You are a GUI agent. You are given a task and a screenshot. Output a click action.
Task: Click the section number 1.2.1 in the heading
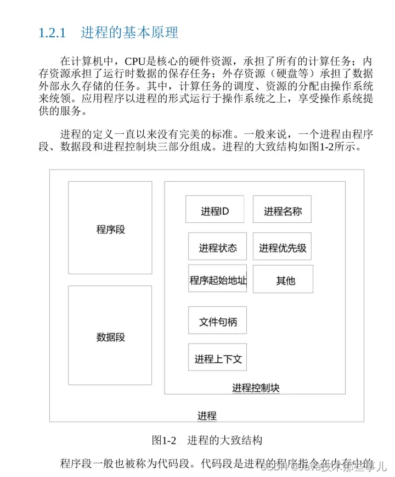click(x=52, y=32)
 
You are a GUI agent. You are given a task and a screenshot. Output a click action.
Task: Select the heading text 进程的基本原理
click(x=129, y=32)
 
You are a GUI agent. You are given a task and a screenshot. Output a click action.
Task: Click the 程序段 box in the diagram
click(x=110, y=228)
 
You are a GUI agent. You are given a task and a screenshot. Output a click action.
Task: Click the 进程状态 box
click(x=217, y=248)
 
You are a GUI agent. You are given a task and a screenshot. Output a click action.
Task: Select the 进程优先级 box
click(x=283, y=248)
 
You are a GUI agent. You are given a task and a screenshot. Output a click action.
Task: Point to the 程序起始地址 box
click(x=218, y=280)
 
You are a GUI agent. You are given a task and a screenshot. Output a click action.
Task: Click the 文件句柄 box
click(x=217, y=321)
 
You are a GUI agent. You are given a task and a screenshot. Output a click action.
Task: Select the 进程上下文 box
click(x=217, y=358)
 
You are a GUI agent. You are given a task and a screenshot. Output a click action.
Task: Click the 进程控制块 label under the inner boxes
click(x=256, y=388)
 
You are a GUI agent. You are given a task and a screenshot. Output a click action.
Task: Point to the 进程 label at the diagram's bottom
click(x=206, y=415)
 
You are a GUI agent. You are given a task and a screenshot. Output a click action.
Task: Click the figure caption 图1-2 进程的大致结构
click(x=207, y=440)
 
